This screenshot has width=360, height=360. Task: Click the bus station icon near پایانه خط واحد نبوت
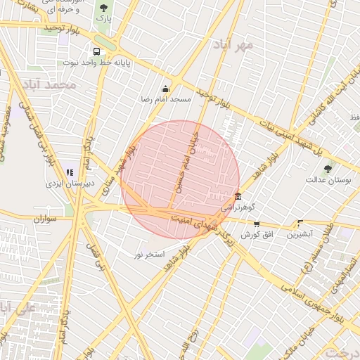(96, 51)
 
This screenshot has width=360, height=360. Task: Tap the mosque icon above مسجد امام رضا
(165, 89)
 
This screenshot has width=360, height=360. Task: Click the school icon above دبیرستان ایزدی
(69, 172)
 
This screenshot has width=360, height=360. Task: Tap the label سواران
(44, 219)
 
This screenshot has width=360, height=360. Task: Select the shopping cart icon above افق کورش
(257, 224)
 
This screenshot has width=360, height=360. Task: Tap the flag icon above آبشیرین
(300, 223)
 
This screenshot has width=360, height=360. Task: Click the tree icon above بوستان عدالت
(328, 169)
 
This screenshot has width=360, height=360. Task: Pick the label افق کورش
(257, 234)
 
